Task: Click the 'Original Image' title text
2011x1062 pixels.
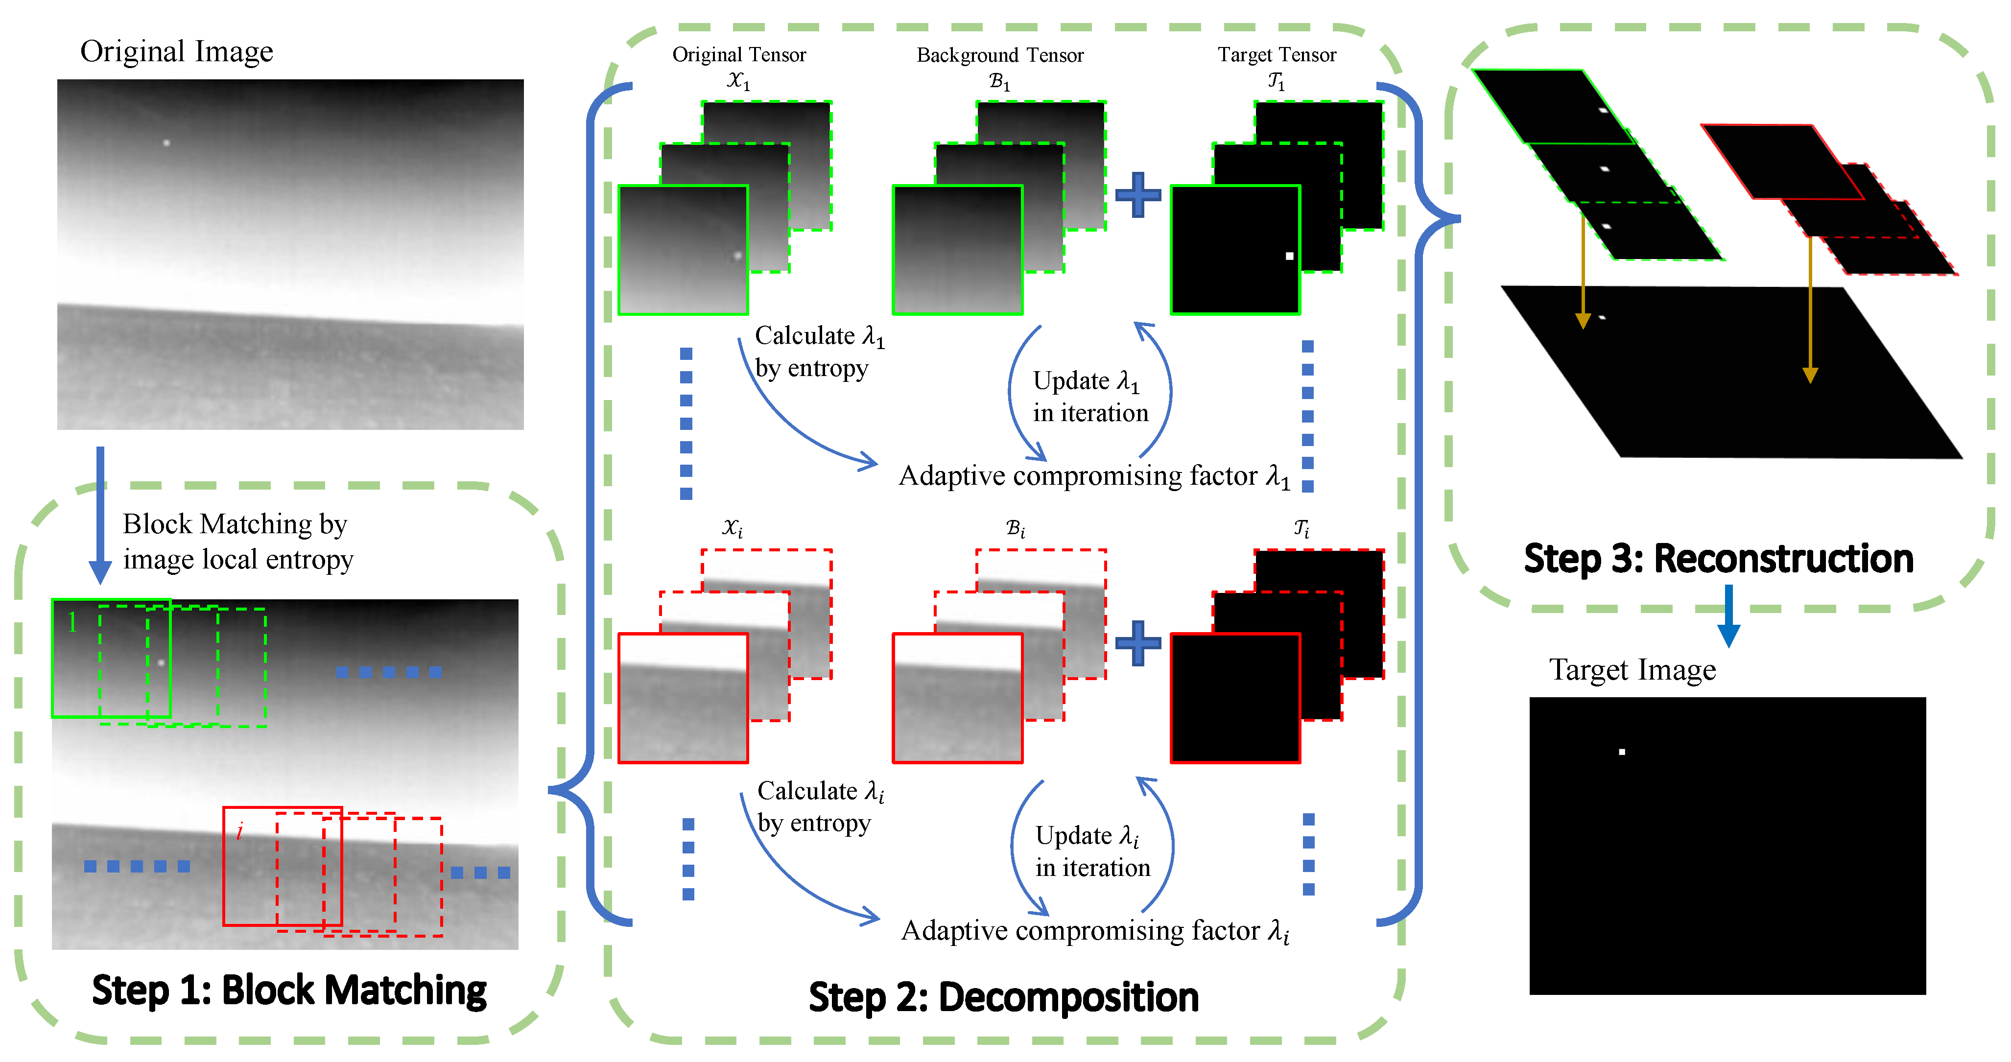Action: click(176, 51)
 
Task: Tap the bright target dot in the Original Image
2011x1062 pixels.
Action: click(166, 143)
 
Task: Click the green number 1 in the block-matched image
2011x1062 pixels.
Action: click(72, 622)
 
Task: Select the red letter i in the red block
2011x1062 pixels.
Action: click(239, 831)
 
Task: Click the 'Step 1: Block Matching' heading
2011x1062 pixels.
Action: click(289, 990)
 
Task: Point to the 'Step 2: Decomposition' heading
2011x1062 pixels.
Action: click(1003, 997)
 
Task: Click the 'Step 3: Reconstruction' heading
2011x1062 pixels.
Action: click(1718, 558)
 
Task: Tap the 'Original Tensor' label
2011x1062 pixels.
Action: click(738, 55)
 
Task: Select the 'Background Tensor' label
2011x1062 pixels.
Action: click(999, 55)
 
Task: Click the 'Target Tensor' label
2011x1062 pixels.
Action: click(1277, 55)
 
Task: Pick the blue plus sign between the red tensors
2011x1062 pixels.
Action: click(1137, 643)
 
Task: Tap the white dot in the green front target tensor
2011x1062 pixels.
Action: click(1289, 256)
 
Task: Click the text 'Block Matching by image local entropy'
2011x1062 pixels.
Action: click(237, 541)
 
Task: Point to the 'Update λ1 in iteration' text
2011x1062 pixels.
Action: click(1090, 397)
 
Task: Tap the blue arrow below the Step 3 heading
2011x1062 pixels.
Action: click(1728, 617)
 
